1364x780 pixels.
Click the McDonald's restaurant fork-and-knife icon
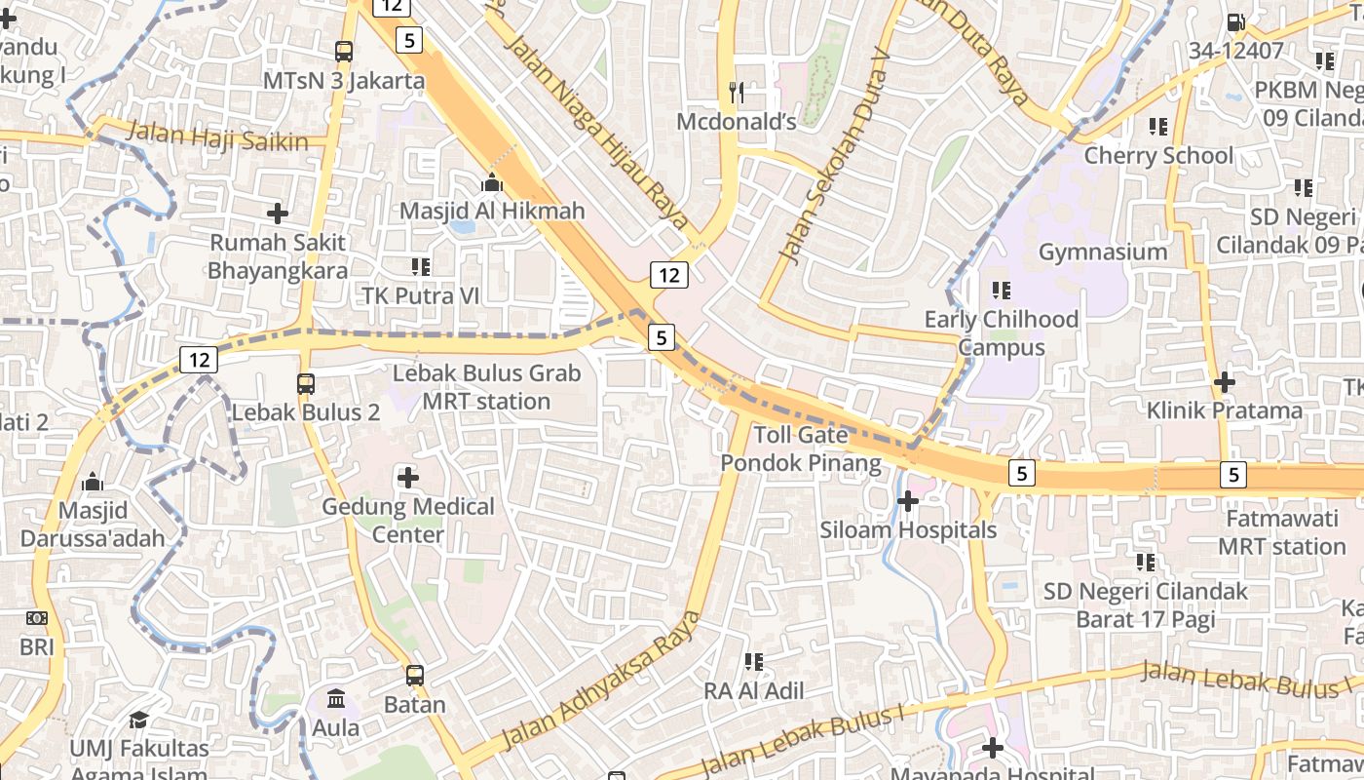(737, 93)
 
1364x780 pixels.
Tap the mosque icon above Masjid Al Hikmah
(492, 182)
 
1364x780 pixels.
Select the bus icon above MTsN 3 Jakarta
(344, 51)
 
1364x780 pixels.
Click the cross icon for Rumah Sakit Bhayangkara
(278, 213)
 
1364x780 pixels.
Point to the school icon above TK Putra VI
(421, 266)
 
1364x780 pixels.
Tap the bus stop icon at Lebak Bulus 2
(306, 384)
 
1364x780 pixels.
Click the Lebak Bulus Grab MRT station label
(486, 387)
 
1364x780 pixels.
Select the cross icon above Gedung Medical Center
(408, 478)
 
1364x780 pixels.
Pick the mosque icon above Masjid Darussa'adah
(93, 482)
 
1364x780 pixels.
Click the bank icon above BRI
(36, 618)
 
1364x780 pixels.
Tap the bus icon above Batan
(415, 675)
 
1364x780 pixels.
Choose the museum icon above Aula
(336, 699)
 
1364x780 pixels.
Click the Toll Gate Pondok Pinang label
(801, 448)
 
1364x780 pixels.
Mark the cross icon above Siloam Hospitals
(908, 501)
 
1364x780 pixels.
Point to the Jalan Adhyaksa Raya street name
(601, 680)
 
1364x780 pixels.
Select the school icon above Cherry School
(1158, 126)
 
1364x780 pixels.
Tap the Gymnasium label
(1103, 252)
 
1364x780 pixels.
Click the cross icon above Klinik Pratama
(1225, 382)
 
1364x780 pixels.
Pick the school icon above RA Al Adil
(754, 662)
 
